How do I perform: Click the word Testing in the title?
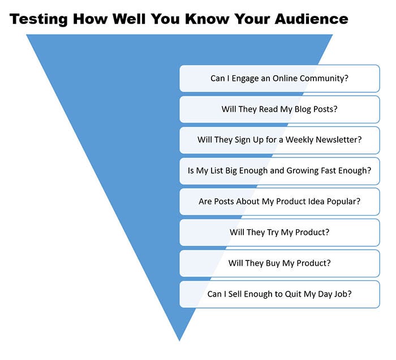click(x=38, y=19)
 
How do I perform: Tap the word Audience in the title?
click(x=311, y=19)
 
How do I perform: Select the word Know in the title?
click(x=207, y=19)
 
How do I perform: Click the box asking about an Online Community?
click(x=279, y=79)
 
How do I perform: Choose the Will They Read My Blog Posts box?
click(x=279, y=109)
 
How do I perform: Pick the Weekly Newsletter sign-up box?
click(x=279, y=140)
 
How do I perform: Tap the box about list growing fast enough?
click(x=279, y=171)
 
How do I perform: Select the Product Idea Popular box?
click(x=279, y=202)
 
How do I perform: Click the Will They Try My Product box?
click(x=279, y=233)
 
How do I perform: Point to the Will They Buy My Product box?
click(x=279, y=263)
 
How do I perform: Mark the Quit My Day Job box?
click(x=279, y=294)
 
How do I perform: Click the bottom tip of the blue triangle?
click(x=179, y=341)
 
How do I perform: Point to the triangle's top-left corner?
click(x=27, y=35)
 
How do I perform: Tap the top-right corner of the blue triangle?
click(x=333, y=35)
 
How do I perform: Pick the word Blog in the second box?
click(x=303, y=109)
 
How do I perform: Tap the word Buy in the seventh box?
click(x=273, y=263)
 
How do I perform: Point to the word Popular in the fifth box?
click(x=343, y=202)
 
